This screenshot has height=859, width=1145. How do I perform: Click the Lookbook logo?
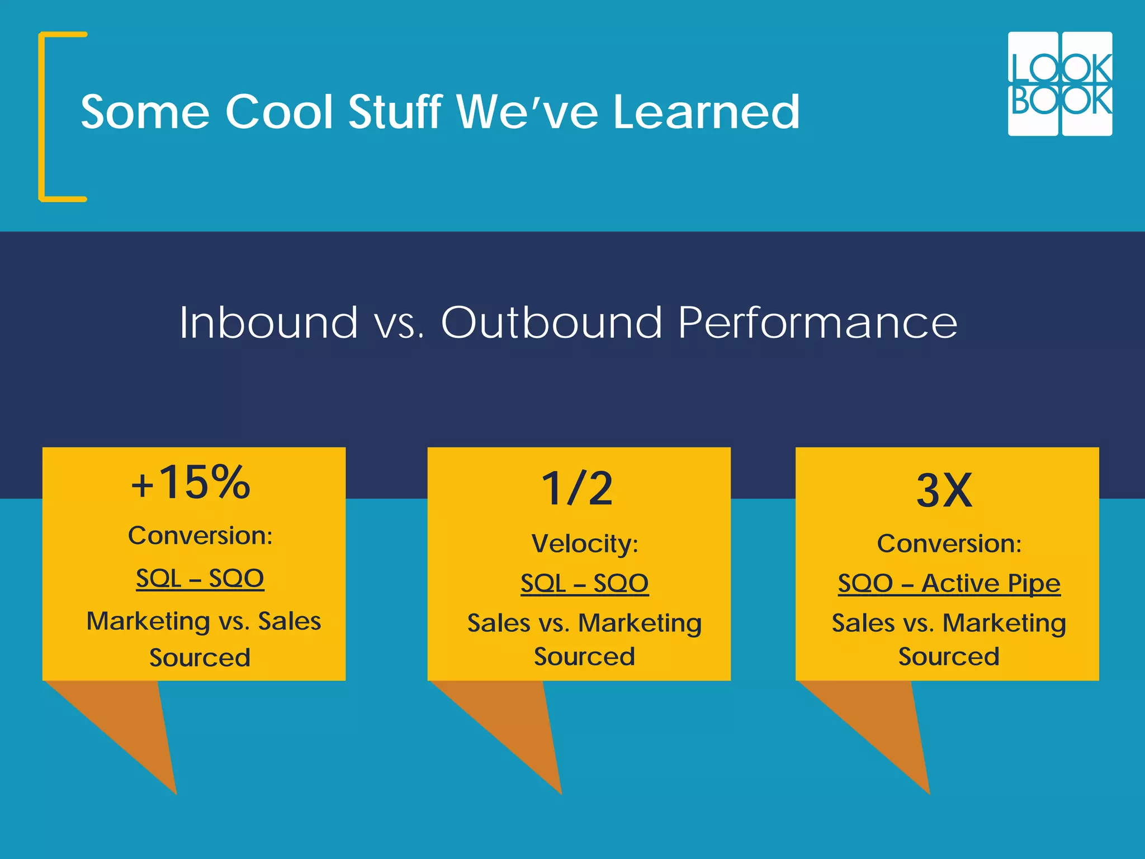coord(1059,84)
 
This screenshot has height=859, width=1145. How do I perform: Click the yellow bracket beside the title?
coord(42,116)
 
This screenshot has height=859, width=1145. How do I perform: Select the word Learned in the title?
coord(707,112)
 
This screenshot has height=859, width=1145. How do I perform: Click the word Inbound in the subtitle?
coord(268,323)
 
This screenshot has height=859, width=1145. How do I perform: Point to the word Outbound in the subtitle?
coord(551,323)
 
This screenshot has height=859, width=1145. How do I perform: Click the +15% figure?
coord(191,482)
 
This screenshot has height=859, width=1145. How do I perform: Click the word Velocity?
coord(584,544)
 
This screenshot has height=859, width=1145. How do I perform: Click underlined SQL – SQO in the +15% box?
coord(200,578)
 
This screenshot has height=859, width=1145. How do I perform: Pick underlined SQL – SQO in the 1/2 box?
coord(584,583)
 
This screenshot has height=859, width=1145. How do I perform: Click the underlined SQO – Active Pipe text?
coord(949,583)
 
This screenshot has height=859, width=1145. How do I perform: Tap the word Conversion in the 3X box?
coord(949,544)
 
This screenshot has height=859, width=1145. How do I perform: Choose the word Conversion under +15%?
coord(200,536)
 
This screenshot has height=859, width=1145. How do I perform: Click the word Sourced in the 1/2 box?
coord(584,657)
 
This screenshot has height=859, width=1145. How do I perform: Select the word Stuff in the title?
coord(395,112)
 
